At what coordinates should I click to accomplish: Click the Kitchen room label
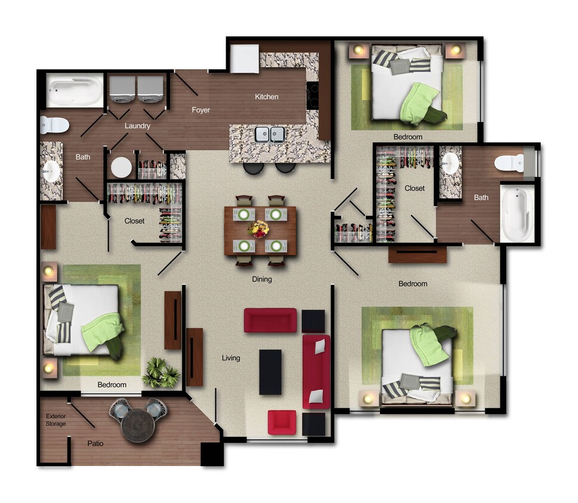point(267,97)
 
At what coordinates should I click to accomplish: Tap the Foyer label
point(201,110)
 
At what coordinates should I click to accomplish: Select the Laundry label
point(138,126)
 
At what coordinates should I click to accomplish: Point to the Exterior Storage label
point(56,420)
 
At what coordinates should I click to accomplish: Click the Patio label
point(95,444)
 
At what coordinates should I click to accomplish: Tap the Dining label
point(262,279)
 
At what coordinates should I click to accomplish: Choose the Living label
point(231,358)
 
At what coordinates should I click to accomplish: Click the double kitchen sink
point(270,134)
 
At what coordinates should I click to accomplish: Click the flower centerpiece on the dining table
point(259,229)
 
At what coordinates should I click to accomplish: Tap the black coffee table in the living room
point(270,372)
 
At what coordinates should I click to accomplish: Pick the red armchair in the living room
point(282,422)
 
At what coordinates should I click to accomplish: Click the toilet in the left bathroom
point(54,125)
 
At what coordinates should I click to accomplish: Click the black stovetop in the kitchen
point(312,95)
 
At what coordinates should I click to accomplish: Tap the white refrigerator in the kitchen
point(244,58)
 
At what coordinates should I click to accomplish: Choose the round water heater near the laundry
point(121,167)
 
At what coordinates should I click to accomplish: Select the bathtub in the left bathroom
point(75,90)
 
